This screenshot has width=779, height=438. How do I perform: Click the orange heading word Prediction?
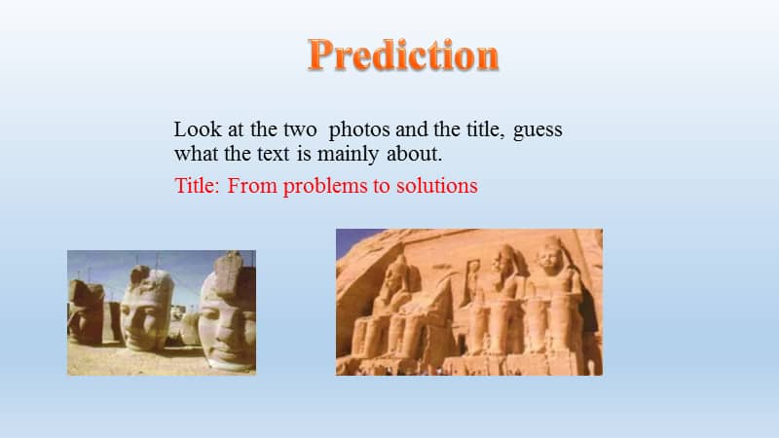point(403,55)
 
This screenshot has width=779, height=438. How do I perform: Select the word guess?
point(538,129)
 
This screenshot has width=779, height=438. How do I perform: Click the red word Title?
point(198,186)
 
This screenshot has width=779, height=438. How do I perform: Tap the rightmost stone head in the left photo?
point(226,313)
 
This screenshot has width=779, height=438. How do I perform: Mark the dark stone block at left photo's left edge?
point(84,311)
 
